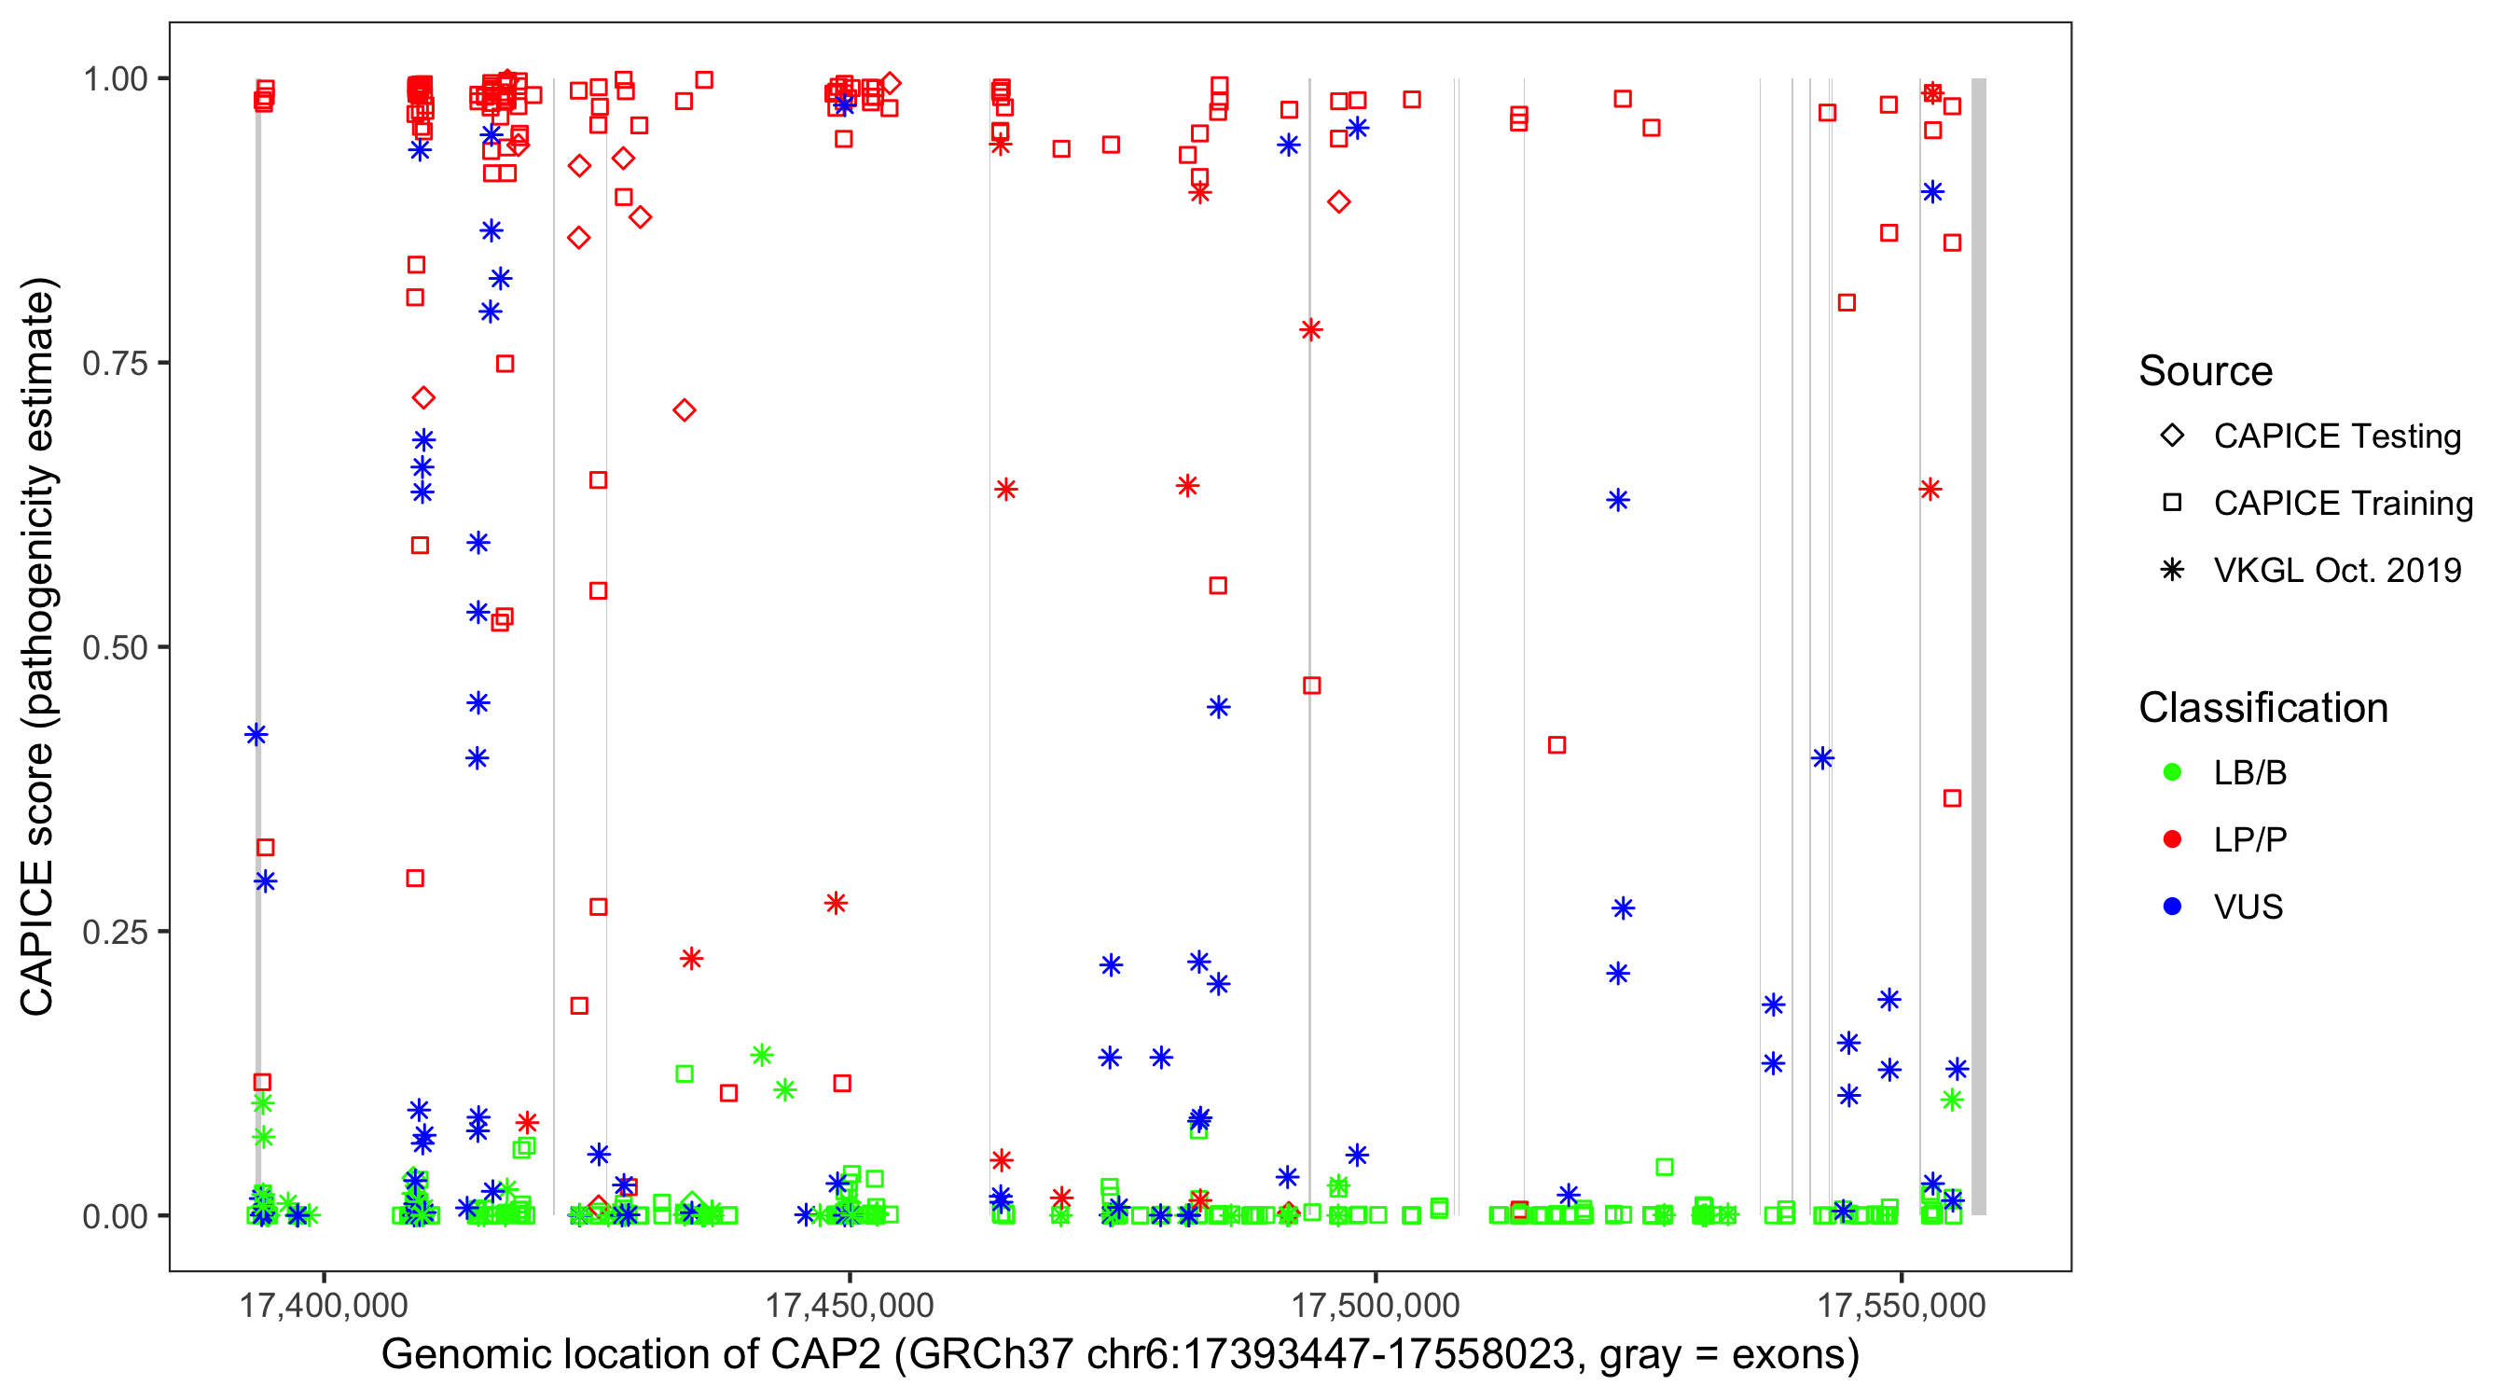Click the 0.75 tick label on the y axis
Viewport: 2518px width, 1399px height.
(x=114, y=364)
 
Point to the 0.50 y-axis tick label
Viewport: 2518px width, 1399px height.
(x=114, y=647)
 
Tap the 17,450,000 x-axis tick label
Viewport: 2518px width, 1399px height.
(x=849, y=1305)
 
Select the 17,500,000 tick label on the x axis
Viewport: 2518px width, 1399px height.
(x=1376, y=1305)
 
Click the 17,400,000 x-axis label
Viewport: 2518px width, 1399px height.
(x=323, y=1305)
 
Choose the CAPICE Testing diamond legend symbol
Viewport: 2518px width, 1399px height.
(x=2172, y=436)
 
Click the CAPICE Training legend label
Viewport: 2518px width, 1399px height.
(x=2343, y=504)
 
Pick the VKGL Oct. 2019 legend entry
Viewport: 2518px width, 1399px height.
(x=2337, y=571)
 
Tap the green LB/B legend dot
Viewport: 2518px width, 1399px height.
(x=2172, y=772)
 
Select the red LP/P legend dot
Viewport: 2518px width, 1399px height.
(x=2172, y=839)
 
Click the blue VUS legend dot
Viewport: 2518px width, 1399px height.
(x=2172, y=907)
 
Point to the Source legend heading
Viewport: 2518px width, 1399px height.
(x=2206, y=371)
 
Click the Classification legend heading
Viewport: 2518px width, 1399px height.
(x=2262, y=708)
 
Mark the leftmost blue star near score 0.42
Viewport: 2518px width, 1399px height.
(x=256, y=734)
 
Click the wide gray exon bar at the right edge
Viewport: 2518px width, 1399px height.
(x=1978, y=645)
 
